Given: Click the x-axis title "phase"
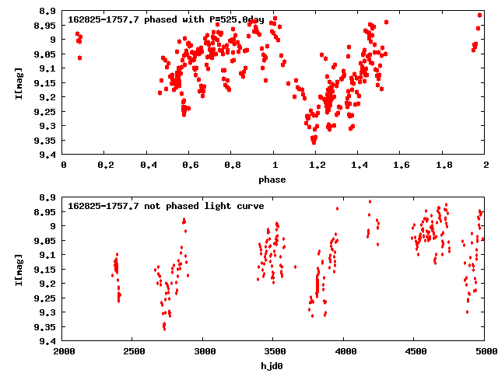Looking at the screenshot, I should click(x=274, y=180).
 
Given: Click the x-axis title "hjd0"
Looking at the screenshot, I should click(x=274, y=366).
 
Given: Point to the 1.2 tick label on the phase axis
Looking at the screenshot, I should click(x=316, y=165).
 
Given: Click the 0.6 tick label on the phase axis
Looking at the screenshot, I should click(x=189, y=165).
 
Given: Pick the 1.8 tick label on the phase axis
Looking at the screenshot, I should click(x=444, y=165).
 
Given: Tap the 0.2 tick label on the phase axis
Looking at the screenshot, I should click(x=105, y=165).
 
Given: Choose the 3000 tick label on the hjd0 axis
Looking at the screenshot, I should click(x=202, y=351).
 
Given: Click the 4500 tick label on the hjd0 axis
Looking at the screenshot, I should click(x=413, y=351).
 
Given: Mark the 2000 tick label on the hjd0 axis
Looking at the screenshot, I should click(x=63, y=351).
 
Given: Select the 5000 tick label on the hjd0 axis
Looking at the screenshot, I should click(x=484, y=351).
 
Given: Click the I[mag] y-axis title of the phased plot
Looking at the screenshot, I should click(x=19, y=83).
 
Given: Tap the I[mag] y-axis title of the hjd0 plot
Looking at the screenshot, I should click(x=19, y=270).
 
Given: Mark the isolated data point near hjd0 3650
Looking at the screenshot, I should click(x=295, y=267).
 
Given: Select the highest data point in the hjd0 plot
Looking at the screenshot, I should click(x=370, y=201).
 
